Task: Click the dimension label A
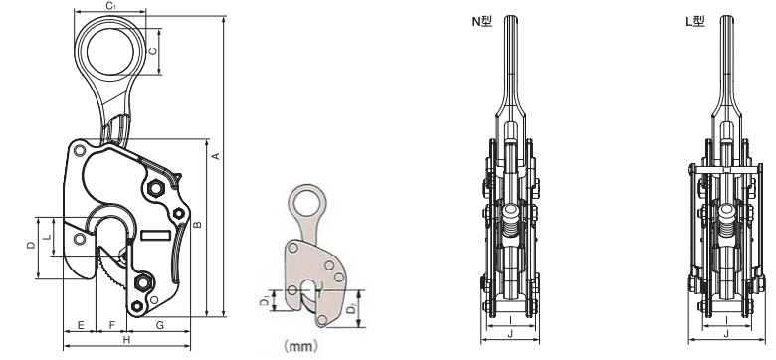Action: [x=215, y=156]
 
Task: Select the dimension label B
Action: [x=197, y=224]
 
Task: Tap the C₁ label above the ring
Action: [x=110, y=5]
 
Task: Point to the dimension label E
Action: [x=81, y=325]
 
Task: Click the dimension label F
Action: [x=111, y=325]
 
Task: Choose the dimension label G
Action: [x=159, y=325]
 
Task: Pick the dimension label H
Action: [x=126, y=339]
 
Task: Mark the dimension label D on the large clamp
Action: [x=32, y=245]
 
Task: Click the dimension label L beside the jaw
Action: [x=47, y=237]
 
